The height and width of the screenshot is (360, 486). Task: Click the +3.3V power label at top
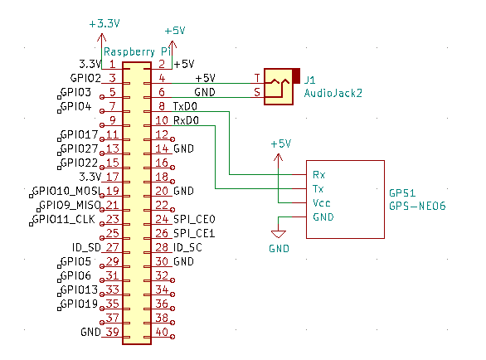pyautogui.click(x=104, y=23)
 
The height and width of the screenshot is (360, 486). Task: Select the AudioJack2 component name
pyautogui.click(x=333, y=93)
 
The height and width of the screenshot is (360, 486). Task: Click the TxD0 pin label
pyautogui.click(x=185, y=107)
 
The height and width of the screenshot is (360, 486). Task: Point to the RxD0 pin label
pyautogui.click(x=186, y=120)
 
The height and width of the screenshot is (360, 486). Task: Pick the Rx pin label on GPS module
pyautogui.click(x=319, y=175)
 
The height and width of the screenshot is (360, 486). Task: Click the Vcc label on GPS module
pyautogui.click(x=322, y=203)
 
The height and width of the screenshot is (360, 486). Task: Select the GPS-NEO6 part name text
pyautogui.click(x=417, y=206)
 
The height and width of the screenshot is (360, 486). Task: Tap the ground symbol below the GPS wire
pyautogui.click(x=279, y=234)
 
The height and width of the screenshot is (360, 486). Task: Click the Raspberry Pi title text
pyautogui.click(x=138, y=51)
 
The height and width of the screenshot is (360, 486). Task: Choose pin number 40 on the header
pyautogui.click(x=162, y=332)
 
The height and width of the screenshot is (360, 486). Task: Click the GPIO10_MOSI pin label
pyautogui.click(x=66, y=191)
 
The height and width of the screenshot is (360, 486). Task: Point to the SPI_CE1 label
pyautogui.click(x=194, y=233)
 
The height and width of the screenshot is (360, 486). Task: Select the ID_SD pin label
pyautogui.click(x=86, y=247)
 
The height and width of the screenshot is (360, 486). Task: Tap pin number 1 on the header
pyautogui.click(x=112, y=64)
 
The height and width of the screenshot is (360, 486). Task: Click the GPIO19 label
pyautogui.click(x=79, y=304)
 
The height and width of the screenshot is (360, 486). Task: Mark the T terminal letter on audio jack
pyautogui.click(x=257, y=78)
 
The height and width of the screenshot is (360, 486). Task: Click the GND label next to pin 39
pyautogui.click(x=91, y=333)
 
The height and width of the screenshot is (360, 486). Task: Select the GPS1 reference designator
pyautogui.click(x=402, y=193)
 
